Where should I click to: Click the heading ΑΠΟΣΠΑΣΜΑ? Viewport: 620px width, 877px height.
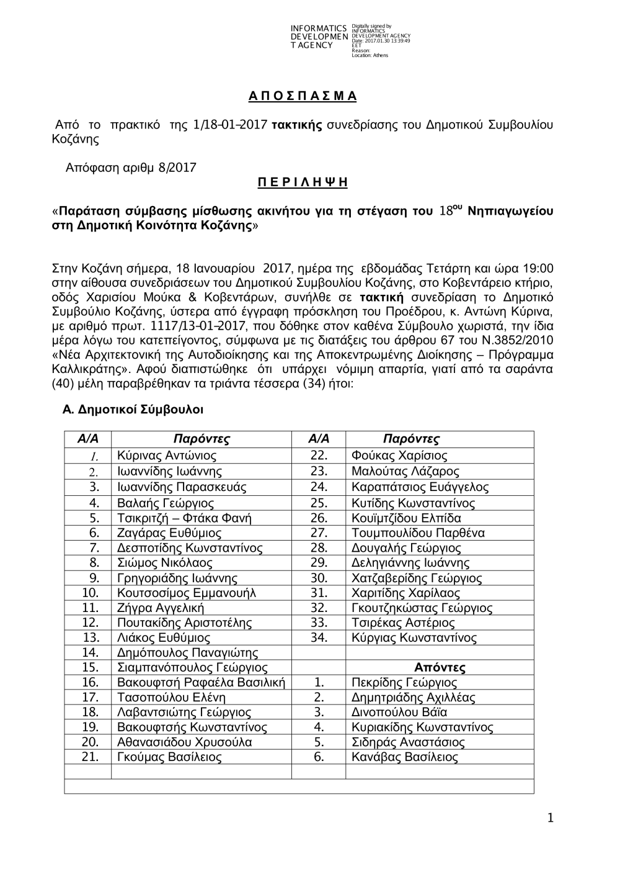coord(303,96)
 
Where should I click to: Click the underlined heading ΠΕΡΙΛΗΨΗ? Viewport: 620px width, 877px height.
coord(303,182)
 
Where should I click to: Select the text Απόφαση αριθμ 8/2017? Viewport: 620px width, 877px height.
coord(131,168)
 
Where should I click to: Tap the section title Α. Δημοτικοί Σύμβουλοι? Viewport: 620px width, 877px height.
coord(133,410)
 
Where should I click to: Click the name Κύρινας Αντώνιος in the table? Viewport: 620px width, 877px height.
coord(166,456)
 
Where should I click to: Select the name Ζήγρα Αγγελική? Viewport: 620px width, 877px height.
coord(160,608)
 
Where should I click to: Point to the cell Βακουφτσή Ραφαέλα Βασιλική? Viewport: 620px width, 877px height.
coord(201,683)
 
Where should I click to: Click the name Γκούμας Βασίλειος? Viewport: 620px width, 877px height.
coord(169,757)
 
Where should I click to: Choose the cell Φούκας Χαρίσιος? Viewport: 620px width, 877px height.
coord(399,456)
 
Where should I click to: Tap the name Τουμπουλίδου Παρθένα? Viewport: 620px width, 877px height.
coord(418,533)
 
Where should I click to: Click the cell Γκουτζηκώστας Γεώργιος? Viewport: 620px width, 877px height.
coord(422,608)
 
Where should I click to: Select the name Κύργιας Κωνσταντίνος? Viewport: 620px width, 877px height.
coord(414,638)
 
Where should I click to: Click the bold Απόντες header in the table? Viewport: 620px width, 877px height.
coord(440,668)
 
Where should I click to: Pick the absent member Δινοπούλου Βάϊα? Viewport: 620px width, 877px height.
coord(399,713)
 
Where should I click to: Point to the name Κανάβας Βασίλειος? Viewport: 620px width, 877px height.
coord(404,757)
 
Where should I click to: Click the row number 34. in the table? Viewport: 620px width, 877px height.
coord(319,638)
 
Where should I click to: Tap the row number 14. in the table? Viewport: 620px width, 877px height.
coord(91,653)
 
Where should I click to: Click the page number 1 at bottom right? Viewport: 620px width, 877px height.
coord(550,819)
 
